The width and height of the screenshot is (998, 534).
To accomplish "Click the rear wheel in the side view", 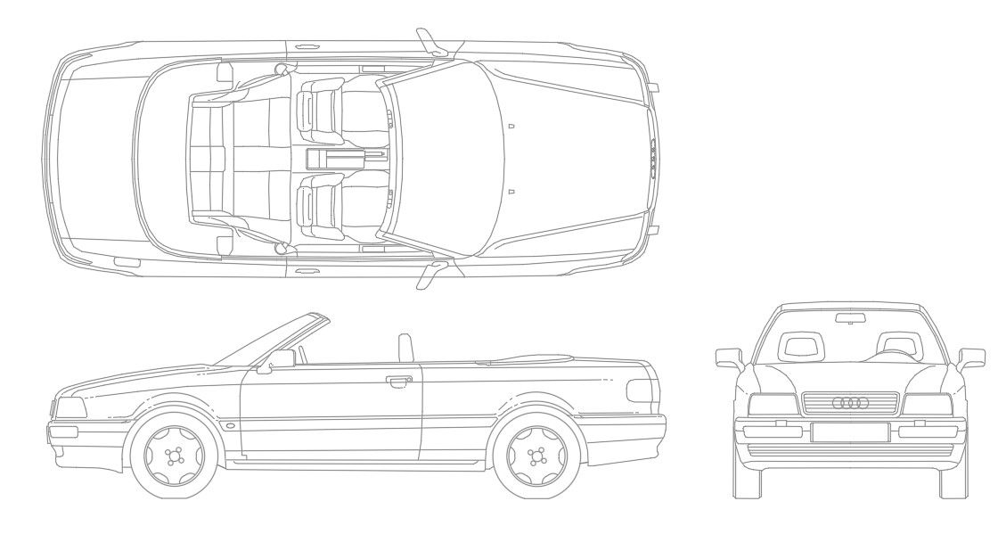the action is click(x=536, y=457).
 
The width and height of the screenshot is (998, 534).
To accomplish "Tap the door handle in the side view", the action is click(x=392, y=382).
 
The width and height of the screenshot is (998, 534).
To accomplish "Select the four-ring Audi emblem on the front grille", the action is click(x=850, y=403).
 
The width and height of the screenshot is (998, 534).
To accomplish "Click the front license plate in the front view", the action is click(x=849, y=432).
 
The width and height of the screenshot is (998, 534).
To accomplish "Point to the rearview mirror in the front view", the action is click(x=850, y=317).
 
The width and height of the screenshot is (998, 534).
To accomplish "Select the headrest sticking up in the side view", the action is click(x=406, y=347).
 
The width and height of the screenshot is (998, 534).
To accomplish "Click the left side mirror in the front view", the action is click(x=730, y=358).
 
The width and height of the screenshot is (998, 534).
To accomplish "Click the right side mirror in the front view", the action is click(x=970, y=358).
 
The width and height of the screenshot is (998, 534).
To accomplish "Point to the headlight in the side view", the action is click(x=70, y=408).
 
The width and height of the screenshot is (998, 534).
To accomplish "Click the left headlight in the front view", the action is click(x=772, y=404).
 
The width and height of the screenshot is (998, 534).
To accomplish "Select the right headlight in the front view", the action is click(x=928, y=404).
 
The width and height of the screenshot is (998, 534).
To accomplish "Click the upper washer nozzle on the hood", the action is click(x=511, y=127).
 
